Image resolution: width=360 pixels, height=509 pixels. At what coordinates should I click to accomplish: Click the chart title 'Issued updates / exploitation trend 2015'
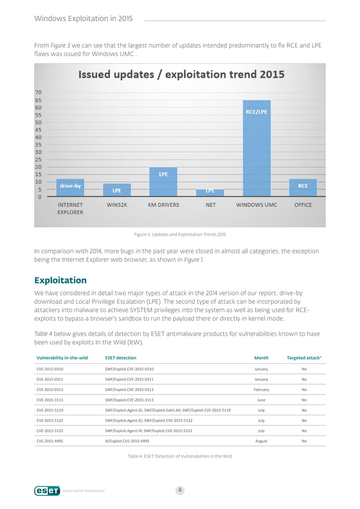[x=181, y=74]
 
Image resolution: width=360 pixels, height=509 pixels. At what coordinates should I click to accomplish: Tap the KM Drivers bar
[x=163, y=182]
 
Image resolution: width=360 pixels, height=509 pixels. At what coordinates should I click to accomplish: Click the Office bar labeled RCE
[x=303, y=188]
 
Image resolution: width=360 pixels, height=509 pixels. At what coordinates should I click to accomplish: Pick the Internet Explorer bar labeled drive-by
[x=70, y=187]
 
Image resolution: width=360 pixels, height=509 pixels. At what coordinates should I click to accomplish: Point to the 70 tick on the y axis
[x=38, y=92]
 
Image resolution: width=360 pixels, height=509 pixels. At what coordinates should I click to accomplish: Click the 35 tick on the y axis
[x=38, y=144]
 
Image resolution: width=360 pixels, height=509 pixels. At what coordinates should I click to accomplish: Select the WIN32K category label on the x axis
[x=117, y=205]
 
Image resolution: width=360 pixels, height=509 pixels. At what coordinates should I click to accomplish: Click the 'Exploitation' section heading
[x=60, y=280]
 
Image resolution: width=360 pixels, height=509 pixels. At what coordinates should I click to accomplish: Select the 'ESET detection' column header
[x=121, y=357]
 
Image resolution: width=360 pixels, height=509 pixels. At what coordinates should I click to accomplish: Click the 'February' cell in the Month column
[x=261, y=389]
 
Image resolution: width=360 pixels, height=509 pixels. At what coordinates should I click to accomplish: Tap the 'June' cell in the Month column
[x=261, y=400]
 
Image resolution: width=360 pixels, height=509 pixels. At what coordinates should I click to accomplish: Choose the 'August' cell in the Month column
[x=261, y=441]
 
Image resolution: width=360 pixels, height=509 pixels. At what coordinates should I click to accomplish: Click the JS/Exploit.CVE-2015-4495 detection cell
[x=135, y=441]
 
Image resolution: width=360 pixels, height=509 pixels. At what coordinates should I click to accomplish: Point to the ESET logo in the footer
[x=47, y=491]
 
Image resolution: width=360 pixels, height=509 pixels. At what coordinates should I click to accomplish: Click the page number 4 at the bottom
[x=179, y=490]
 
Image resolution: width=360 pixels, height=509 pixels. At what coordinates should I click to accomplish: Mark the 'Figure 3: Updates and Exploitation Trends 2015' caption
[x=179, y=234]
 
